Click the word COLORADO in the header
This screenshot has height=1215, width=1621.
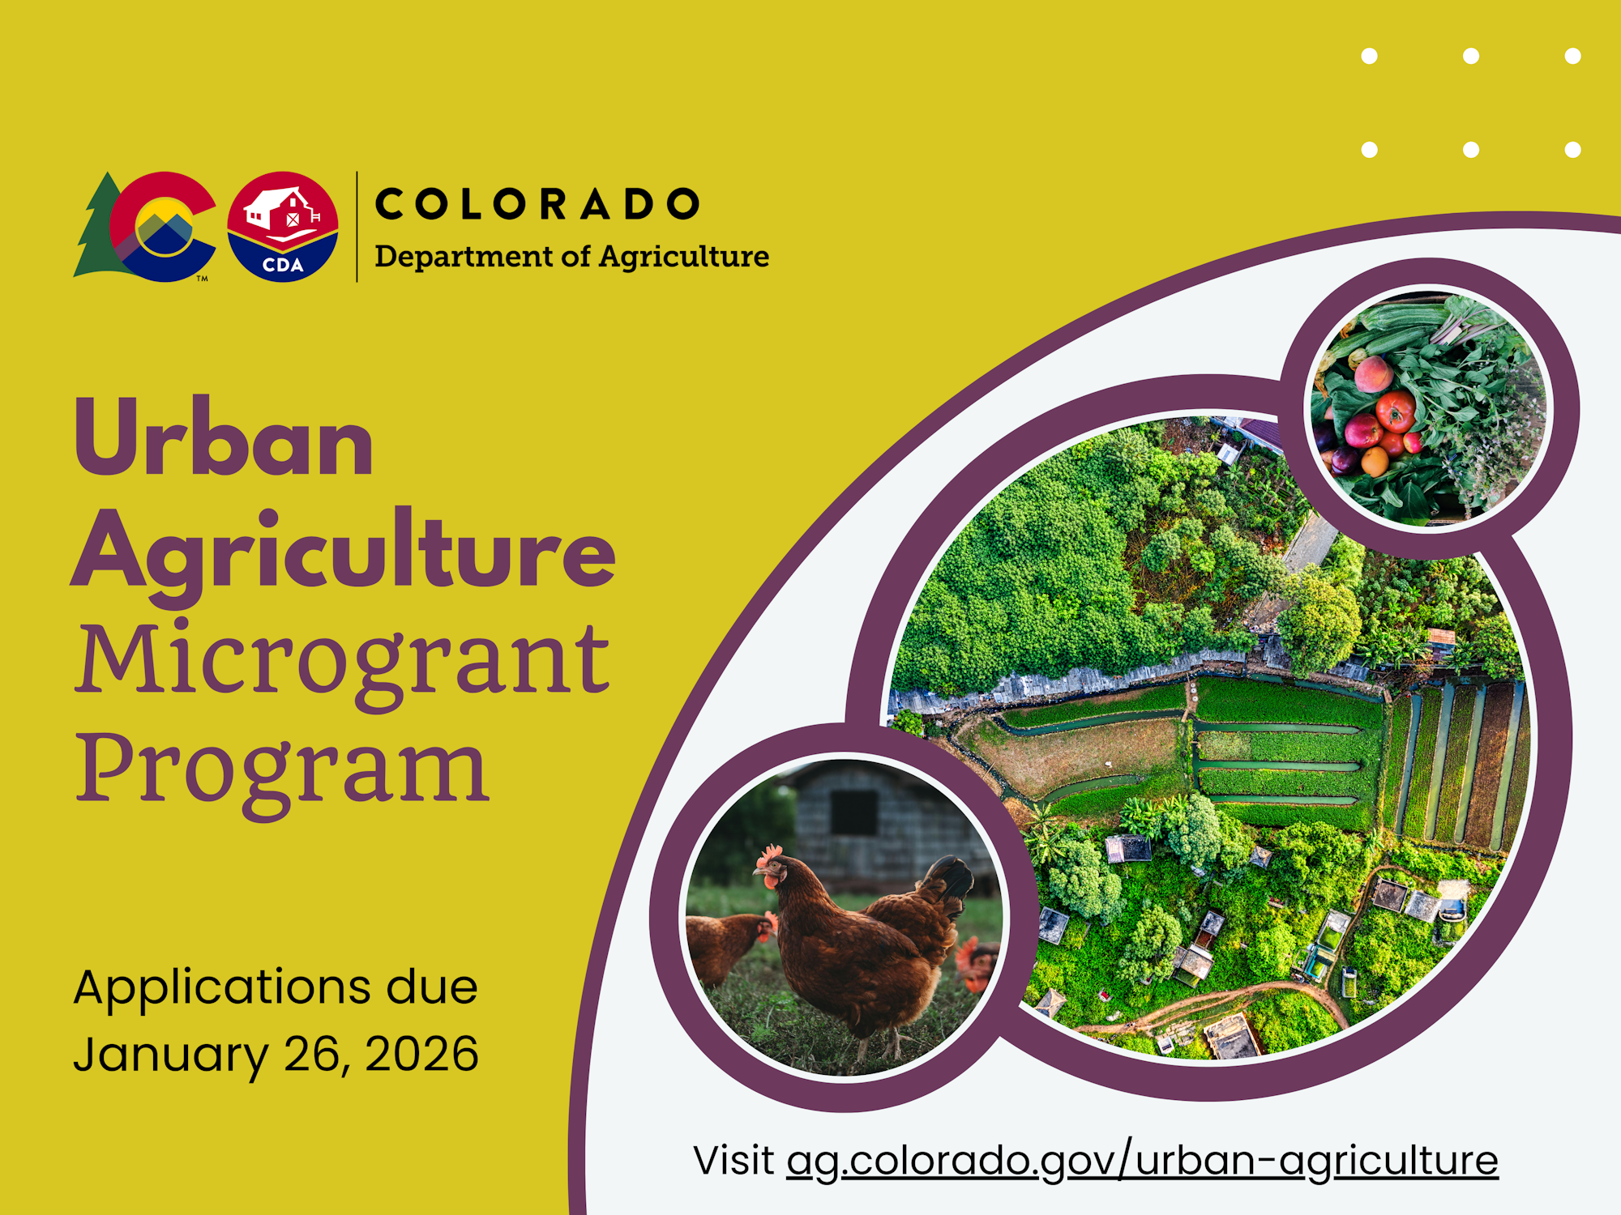[537, 204]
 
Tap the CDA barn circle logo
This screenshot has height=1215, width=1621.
[282, 227]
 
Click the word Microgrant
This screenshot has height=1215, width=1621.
[342, 660]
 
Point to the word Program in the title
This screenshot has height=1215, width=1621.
[281, 767]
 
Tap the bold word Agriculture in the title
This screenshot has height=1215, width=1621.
[344, 551]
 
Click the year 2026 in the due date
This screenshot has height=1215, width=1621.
[421, 1054]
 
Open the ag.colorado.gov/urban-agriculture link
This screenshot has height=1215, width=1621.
[1142, 1161]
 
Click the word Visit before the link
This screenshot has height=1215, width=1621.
[734, 1161]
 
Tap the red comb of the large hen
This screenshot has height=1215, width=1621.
[769, 854]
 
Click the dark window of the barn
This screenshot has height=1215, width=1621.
[853, 812]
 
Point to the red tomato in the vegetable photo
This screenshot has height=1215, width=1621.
[1396, 411]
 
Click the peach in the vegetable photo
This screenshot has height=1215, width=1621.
[1373, 375]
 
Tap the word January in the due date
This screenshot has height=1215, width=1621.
[170, 1055]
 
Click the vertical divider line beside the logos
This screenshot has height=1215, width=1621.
[357, 227]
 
